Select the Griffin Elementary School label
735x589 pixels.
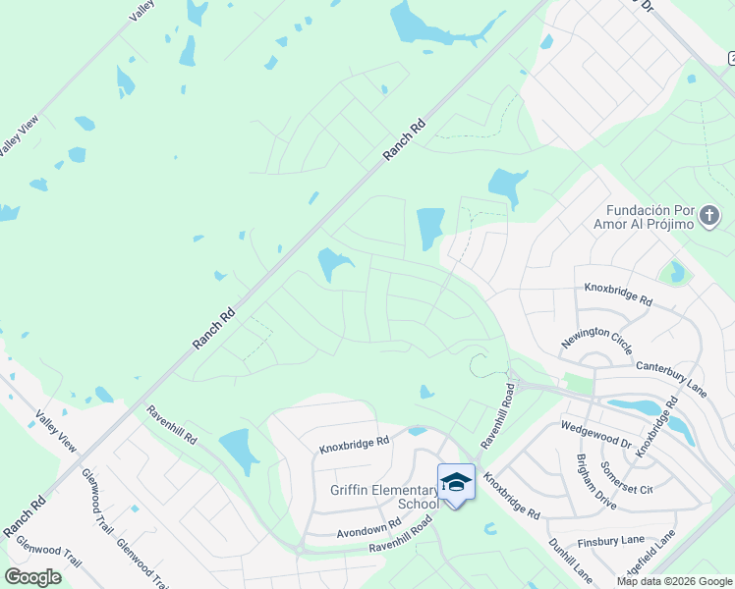click(379, 497)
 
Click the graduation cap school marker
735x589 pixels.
click(455, 482)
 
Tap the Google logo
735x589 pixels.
click(33, 576)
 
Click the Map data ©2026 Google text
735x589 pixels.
click(674, 581)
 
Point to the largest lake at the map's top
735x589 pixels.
click(432, 24)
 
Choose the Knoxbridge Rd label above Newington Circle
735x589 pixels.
click(618, 293)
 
